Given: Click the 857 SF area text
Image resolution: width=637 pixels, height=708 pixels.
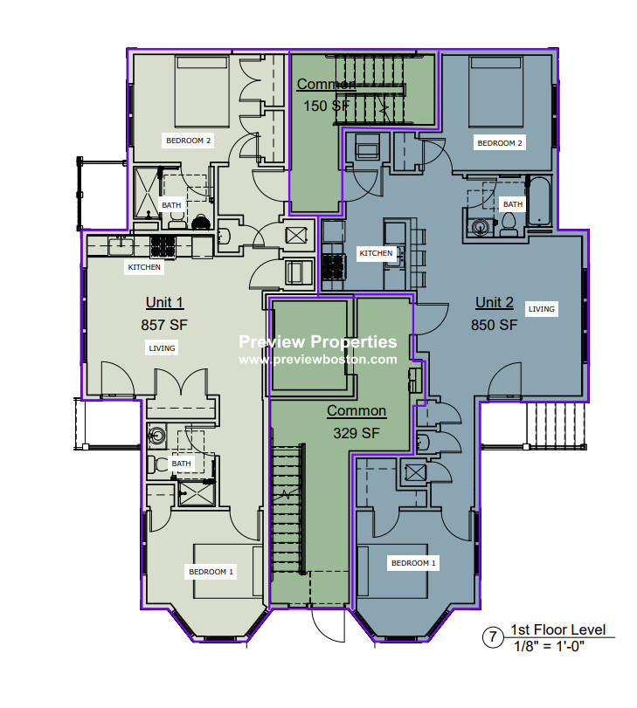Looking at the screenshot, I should point(164,324).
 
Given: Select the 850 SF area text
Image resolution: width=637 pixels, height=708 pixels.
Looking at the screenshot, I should point(494,324).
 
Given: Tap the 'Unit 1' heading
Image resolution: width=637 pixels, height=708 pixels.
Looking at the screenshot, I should point(164,303).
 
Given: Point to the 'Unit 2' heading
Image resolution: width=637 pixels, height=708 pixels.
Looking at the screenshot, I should point(494,303).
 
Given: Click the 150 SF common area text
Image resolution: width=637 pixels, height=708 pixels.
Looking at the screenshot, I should point(325,106).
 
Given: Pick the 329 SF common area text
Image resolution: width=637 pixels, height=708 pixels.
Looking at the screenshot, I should point(356,432).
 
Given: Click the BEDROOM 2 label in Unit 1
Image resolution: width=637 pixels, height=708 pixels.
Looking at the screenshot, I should point(189,140).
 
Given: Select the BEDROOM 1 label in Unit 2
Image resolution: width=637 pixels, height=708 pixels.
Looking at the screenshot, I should point(413,563).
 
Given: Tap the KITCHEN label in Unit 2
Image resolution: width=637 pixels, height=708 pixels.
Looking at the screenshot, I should point(377,253).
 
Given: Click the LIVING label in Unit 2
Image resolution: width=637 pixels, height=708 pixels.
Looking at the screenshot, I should point(542,309).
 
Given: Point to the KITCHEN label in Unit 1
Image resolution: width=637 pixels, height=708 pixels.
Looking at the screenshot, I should point(144,267).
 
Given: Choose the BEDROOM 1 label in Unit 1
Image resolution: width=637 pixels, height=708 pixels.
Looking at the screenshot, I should point(211,572).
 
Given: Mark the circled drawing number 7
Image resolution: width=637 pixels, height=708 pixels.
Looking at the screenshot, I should point(493,637).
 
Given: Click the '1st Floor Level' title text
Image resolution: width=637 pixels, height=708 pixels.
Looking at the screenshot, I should point(557,630).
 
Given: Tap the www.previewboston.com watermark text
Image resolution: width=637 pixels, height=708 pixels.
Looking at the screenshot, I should point(317,359).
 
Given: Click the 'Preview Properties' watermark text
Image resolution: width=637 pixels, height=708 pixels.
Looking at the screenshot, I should point(318,342).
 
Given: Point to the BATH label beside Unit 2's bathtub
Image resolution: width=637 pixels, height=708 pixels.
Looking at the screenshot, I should point(512,204).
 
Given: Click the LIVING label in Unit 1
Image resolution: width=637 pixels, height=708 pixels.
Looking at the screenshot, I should point(162,348).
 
